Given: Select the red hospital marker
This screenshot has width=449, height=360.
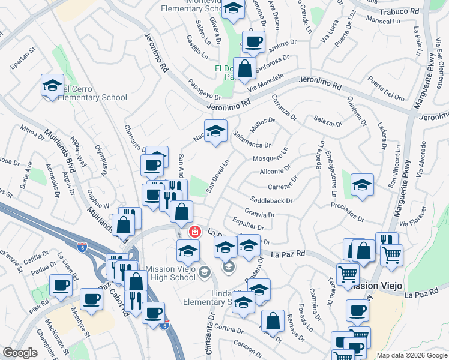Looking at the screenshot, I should point(195,231).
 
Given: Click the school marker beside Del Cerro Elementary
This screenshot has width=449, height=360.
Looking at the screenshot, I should point(52,85).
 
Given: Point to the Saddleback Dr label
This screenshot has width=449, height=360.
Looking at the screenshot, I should point(272,201).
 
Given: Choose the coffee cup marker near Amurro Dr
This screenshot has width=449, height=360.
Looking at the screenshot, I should point(253,41).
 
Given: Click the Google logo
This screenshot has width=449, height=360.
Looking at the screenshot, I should point(20,353).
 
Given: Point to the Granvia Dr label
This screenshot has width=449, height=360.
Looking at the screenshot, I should point(259,214).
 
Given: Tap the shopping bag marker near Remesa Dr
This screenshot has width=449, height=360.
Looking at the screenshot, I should point(273,320).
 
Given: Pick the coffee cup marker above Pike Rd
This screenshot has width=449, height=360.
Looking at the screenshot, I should point(61,286).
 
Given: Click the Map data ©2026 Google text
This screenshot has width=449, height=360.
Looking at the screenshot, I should point(411,355).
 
